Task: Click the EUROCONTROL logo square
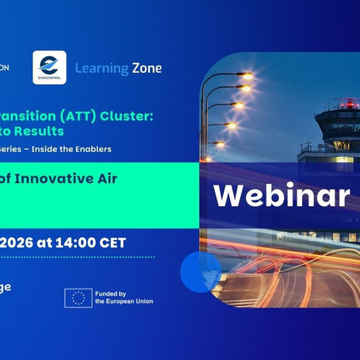49,68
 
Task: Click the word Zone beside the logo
144,68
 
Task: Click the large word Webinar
281,193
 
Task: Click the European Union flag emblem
78,297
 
